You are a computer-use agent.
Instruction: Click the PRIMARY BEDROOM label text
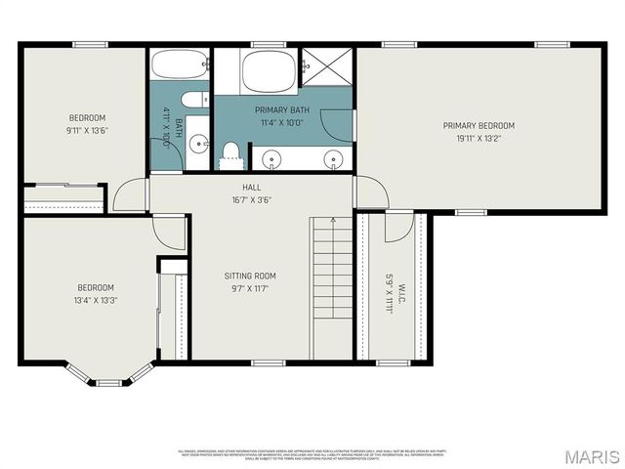pos(479,125)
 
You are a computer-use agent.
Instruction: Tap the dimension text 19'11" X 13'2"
pos(479,139)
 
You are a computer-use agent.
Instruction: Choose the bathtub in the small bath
pos(179,66)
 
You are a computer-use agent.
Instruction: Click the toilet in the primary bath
pos(231,151)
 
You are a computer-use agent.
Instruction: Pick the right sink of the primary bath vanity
pos(333,157)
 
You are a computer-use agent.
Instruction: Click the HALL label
pos(252,187)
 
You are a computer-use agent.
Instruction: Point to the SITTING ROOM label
pos(250,277)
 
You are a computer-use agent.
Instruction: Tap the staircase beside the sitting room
pos(330,288)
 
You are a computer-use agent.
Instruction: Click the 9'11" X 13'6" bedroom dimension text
pos(86,131)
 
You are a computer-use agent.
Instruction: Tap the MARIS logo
pos(590,455)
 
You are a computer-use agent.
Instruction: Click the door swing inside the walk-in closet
pos(397,227)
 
